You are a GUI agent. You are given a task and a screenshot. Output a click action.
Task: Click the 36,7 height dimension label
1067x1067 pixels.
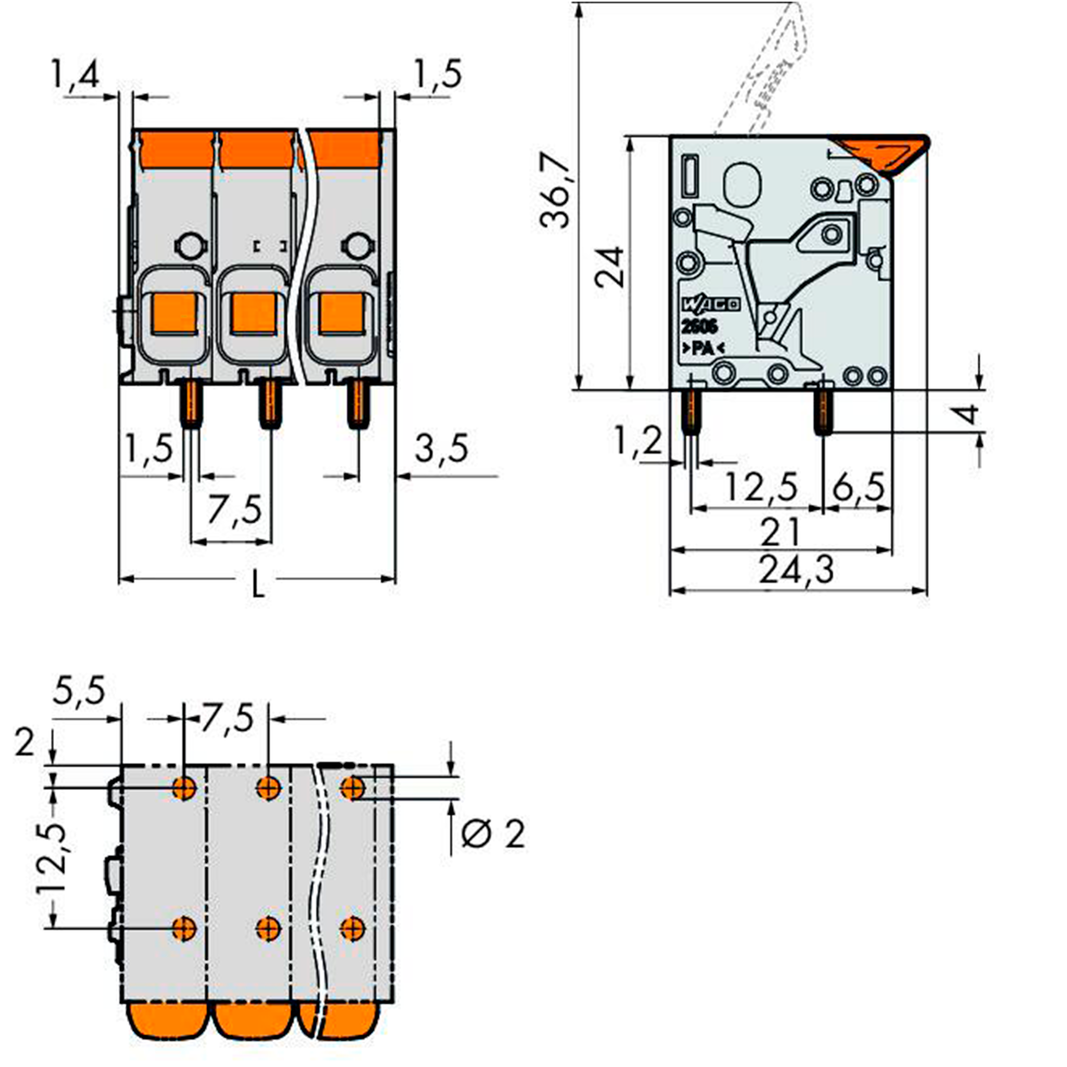(x=556, y=190)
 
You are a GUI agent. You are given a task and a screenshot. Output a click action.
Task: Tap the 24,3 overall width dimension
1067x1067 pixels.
(x=797, y=570)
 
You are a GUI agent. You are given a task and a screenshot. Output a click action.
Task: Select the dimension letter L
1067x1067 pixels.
(x=257, y=584)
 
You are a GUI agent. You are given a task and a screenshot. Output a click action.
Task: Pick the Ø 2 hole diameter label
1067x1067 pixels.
(x=492, y=834)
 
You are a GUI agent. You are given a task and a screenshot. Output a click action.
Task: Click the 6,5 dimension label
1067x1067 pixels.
(x=858, y=487)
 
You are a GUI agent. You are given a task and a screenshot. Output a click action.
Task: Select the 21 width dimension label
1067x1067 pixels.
(x=780, y=531)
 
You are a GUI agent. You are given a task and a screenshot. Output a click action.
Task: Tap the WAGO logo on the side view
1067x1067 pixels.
(x=711, y=304)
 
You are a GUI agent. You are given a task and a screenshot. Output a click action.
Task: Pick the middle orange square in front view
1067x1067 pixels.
(x=253, y=313)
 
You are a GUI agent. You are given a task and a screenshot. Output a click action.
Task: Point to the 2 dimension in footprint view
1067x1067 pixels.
(x=25, y=743)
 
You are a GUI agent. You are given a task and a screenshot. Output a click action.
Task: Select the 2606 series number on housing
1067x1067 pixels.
(x=699, y=327)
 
